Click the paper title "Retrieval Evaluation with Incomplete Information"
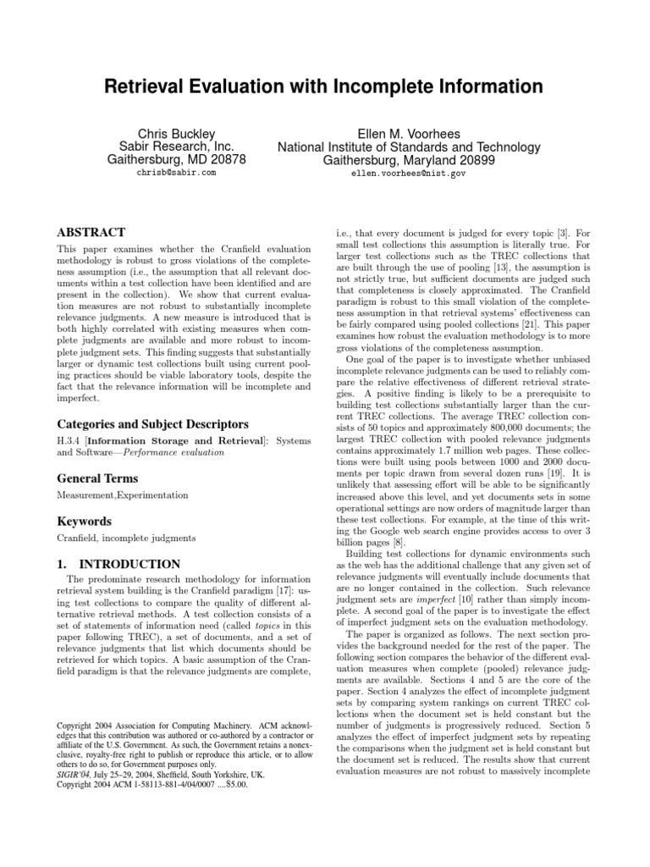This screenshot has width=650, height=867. tap(324, 88)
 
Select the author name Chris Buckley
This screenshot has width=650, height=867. tap(176, 133)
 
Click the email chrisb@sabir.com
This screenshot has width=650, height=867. tap(176, 172)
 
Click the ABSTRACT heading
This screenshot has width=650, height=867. tap(91, 232)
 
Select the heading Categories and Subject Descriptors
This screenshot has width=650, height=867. tap(151, 423)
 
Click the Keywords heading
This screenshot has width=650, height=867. tap(85, 522)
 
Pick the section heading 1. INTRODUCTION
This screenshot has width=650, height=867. tap(118, 564)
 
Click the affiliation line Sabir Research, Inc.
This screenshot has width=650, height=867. tap(176, 146)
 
